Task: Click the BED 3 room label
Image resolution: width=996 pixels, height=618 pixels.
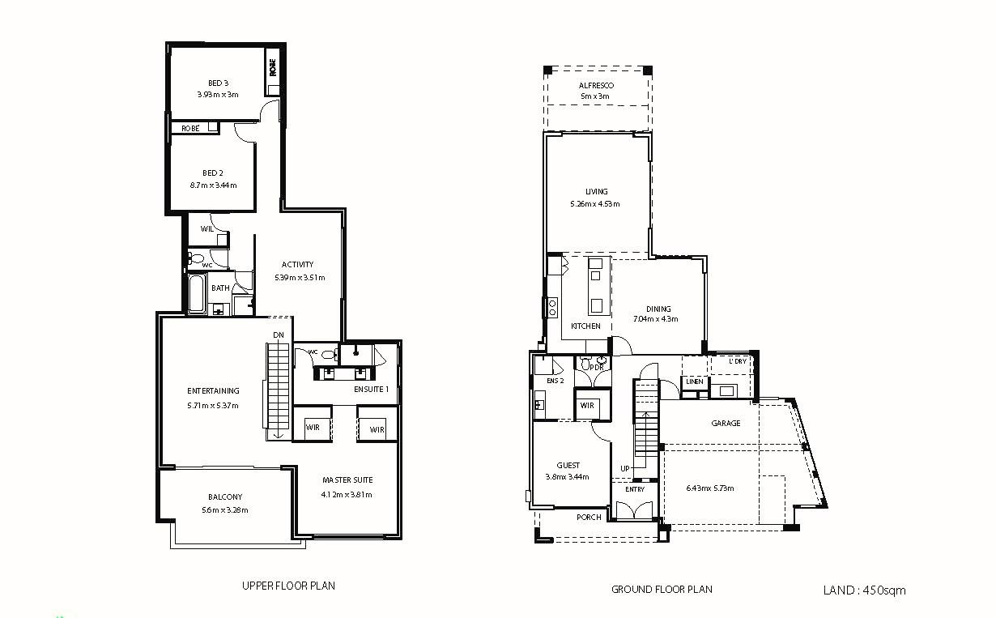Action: [x=218, y=83]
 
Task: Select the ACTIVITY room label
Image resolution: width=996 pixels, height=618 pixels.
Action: [x=297, y=264]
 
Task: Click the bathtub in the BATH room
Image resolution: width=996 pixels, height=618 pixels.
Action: [x=196, y=295]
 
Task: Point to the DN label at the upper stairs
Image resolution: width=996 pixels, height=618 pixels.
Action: [x=278, y=335]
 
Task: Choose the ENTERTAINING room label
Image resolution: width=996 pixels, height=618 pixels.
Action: [x=213, y=390]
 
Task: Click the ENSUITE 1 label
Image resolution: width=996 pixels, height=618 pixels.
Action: [x=371, y=390]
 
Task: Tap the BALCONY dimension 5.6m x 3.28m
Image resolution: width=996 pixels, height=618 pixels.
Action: [x=224, y=510]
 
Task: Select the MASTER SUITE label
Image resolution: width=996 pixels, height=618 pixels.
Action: [x=347, y=479]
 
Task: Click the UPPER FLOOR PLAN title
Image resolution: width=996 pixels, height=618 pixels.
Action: [x=288, y=586]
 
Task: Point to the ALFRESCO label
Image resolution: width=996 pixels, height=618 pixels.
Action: [x=596, y=85]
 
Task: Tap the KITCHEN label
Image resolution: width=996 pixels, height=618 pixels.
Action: [x=585, y=326]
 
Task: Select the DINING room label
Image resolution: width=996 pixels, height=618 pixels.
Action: [x=658, y=309]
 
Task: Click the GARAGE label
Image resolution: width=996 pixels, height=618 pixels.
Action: [x=726, y=423]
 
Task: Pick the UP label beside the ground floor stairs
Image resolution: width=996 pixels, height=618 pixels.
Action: [x=624, y=469]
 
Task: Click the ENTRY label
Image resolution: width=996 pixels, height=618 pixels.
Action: [x=635, y=489]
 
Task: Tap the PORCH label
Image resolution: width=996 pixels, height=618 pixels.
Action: [x=589, y=518]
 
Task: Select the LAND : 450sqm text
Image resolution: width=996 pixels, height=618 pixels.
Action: [x=864, y=590]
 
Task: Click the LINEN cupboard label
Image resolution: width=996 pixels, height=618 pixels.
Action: [x=694, y=381]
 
